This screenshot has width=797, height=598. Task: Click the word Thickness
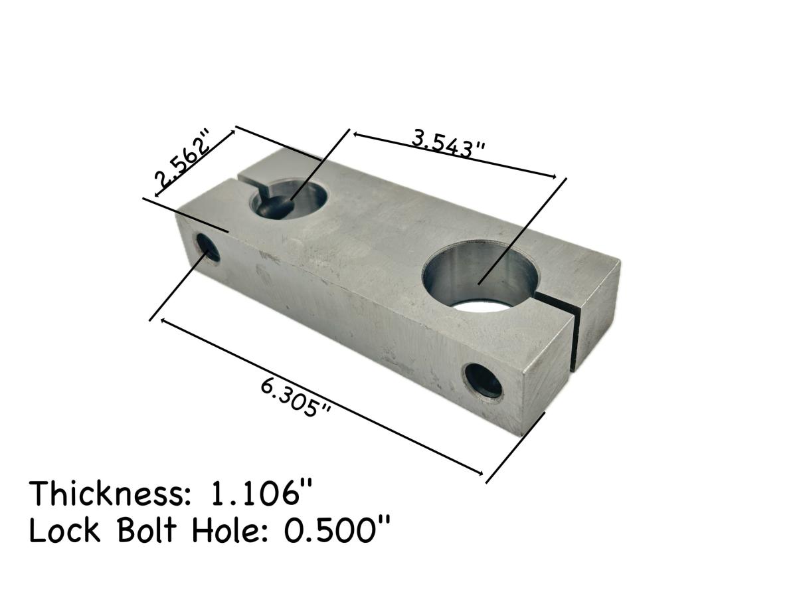point(106,494)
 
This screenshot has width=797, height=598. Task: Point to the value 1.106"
point(261,494)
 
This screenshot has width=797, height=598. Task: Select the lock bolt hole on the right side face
point(484,381)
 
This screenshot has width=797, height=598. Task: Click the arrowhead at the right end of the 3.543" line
point(553,176)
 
